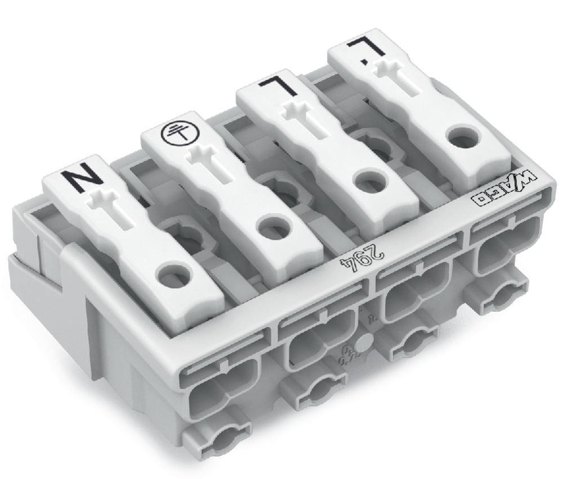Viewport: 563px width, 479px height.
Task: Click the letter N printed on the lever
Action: (x=83, y=179)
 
